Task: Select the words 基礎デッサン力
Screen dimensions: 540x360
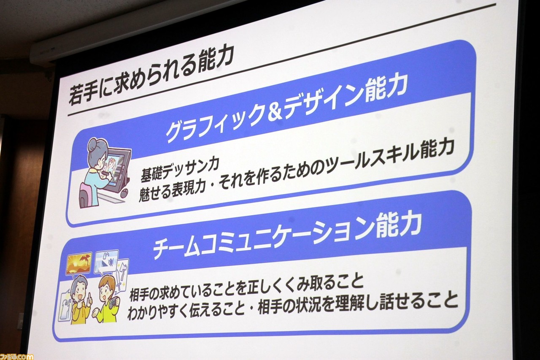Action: coord(180,170)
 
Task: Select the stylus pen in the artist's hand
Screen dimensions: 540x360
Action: coord(106,173)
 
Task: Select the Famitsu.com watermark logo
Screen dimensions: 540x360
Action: coord(16,356)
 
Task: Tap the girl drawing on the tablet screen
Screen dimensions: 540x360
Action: coord(111,165)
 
